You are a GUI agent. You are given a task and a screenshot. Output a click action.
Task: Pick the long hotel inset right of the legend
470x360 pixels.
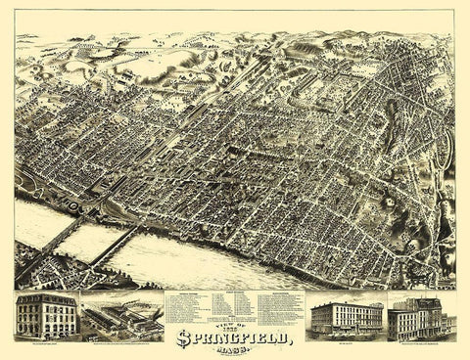346,317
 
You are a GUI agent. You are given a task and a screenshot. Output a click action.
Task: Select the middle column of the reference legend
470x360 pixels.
235,304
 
